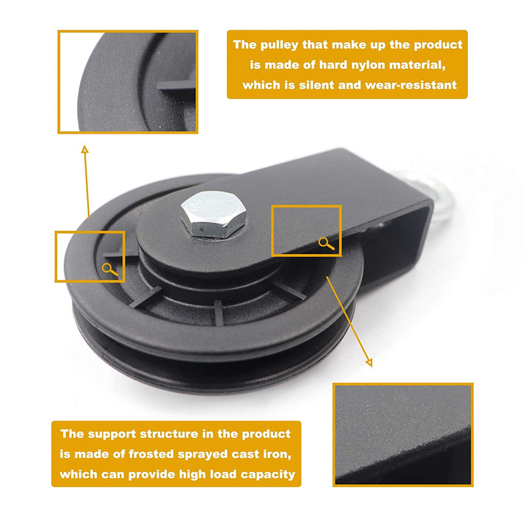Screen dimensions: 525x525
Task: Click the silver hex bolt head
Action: pyautogui.click(x=213, y=214)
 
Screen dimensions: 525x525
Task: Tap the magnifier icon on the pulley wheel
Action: pyautogui.click(x=110, y=269)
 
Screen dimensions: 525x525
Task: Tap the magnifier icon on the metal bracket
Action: pyautogui.click(x=326, y=243)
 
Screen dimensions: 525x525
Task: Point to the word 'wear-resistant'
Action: pyautogui.click(x=411, y=85)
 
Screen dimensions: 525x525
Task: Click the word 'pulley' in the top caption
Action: pyautogui.click(x=279, y=45)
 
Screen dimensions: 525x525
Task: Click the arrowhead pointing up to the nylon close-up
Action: pyautogui.click(x=85, y=150)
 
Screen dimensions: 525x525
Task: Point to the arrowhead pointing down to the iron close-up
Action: pyautogui.click(x=369, y=363)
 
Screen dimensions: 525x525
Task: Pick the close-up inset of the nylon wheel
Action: pyautogui.click(x=128, y=82)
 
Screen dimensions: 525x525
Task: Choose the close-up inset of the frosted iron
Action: pyautogui.click(x=403, y=434)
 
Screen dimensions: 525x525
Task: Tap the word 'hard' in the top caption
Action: pyautogui.click(x=330, y=64)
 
